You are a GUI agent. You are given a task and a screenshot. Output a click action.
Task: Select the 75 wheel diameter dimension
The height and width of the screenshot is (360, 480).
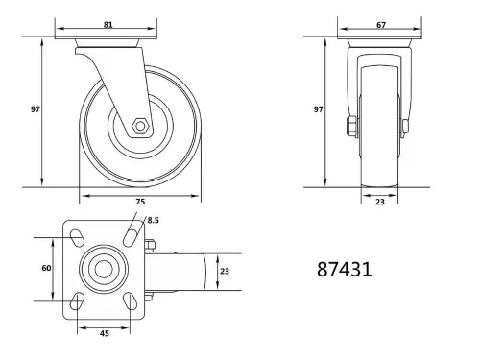(140, 202)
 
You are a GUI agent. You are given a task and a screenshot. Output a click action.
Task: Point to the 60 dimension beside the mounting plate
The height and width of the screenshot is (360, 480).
(45, 269)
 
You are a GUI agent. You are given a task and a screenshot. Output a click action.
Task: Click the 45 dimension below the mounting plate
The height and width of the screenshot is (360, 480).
(102, 335)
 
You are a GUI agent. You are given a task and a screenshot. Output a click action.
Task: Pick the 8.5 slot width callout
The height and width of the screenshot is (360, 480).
(153, 220)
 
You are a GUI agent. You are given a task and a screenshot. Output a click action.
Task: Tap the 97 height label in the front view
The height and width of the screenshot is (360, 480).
(317, 109)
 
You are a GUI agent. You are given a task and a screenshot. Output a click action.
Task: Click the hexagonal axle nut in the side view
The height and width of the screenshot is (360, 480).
(140, 126)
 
